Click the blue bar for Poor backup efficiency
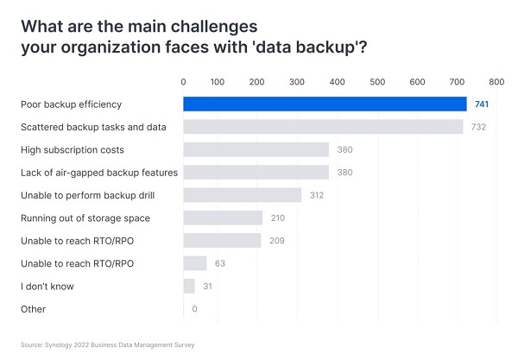pyautogui.click(x=325, y=104)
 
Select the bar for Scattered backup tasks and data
pyautogui.click(x=323, y=127)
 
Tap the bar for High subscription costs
pyautogui.click(x=256, y=149)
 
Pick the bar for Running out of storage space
pyautogui.click(x=223, y=218)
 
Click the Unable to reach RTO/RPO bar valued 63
pyautogui.click(x=195, y=263)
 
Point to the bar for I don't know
pyautogui.click(x=189, y=286)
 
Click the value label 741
pyautogui.click(x=482, y=104)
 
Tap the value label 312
pyautogui.click(x=316, y=195)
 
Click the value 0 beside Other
pyautogui.click(x=195, y=309)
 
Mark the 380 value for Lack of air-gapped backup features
pyautogui.click(x=344, y=173)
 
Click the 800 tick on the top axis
pyautogui.click(x=496, y=82)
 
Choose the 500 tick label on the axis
pyautogui.click(x=378, y=82)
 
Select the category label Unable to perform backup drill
pyautogui.click(x=87, y=195)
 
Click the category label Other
pyautogui.click(x=33, y=309)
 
